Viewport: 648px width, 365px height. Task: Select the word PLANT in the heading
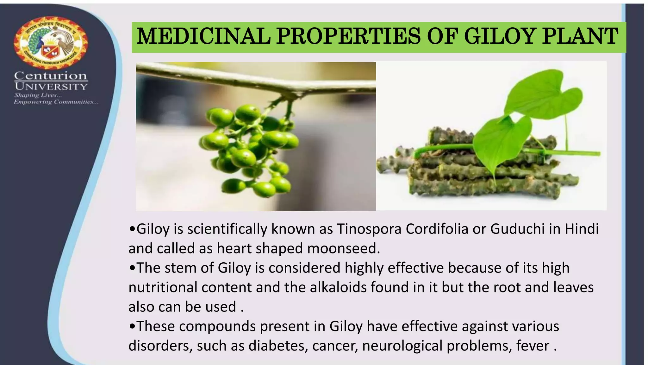tap(580, 36)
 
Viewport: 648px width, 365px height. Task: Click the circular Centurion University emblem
tap(51, 42)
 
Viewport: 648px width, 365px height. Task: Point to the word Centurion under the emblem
tap(51, 76)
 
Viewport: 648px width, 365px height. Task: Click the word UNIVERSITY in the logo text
tap(51, 86)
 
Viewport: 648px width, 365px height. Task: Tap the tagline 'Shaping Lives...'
tap(38, 95)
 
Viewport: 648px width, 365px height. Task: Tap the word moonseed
tap(343, 248)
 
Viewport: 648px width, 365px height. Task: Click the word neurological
tap(402, 346)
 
